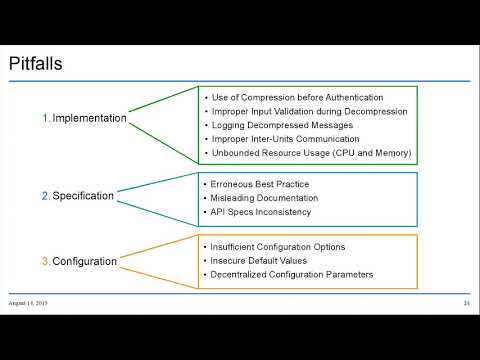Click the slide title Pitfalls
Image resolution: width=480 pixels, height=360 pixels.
(37, 65)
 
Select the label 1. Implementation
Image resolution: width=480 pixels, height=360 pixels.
(84, 118)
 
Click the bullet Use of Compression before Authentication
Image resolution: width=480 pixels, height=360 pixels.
(298, 98)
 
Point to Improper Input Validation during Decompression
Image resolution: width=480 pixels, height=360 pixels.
(308, 112)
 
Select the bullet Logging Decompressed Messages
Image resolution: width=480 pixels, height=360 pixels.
(282, 126)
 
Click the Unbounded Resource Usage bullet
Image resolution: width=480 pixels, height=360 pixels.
(310, 154)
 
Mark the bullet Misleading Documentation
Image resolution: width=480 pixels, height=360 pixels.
(267, 199)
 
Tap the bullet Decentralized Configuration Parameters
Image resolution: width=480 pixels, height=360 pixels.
(292, 274)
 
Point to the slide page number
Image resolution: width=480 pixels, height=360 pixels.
(466, 303)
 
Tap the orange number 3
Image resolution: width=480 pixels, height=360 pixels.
(45, 261)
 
